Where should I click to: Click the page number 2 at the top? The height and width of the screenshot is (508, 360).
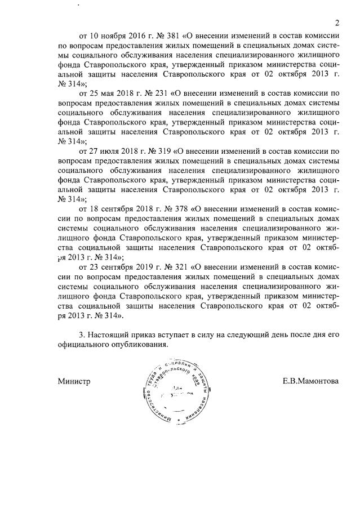336,23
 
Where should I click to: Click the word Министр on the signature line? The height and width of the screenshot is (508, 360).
74,381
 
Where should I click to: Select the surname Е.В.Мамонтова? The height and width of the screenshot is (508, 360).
310,381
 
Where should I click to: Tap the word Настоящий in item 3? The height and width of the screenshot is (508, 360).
109,335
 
